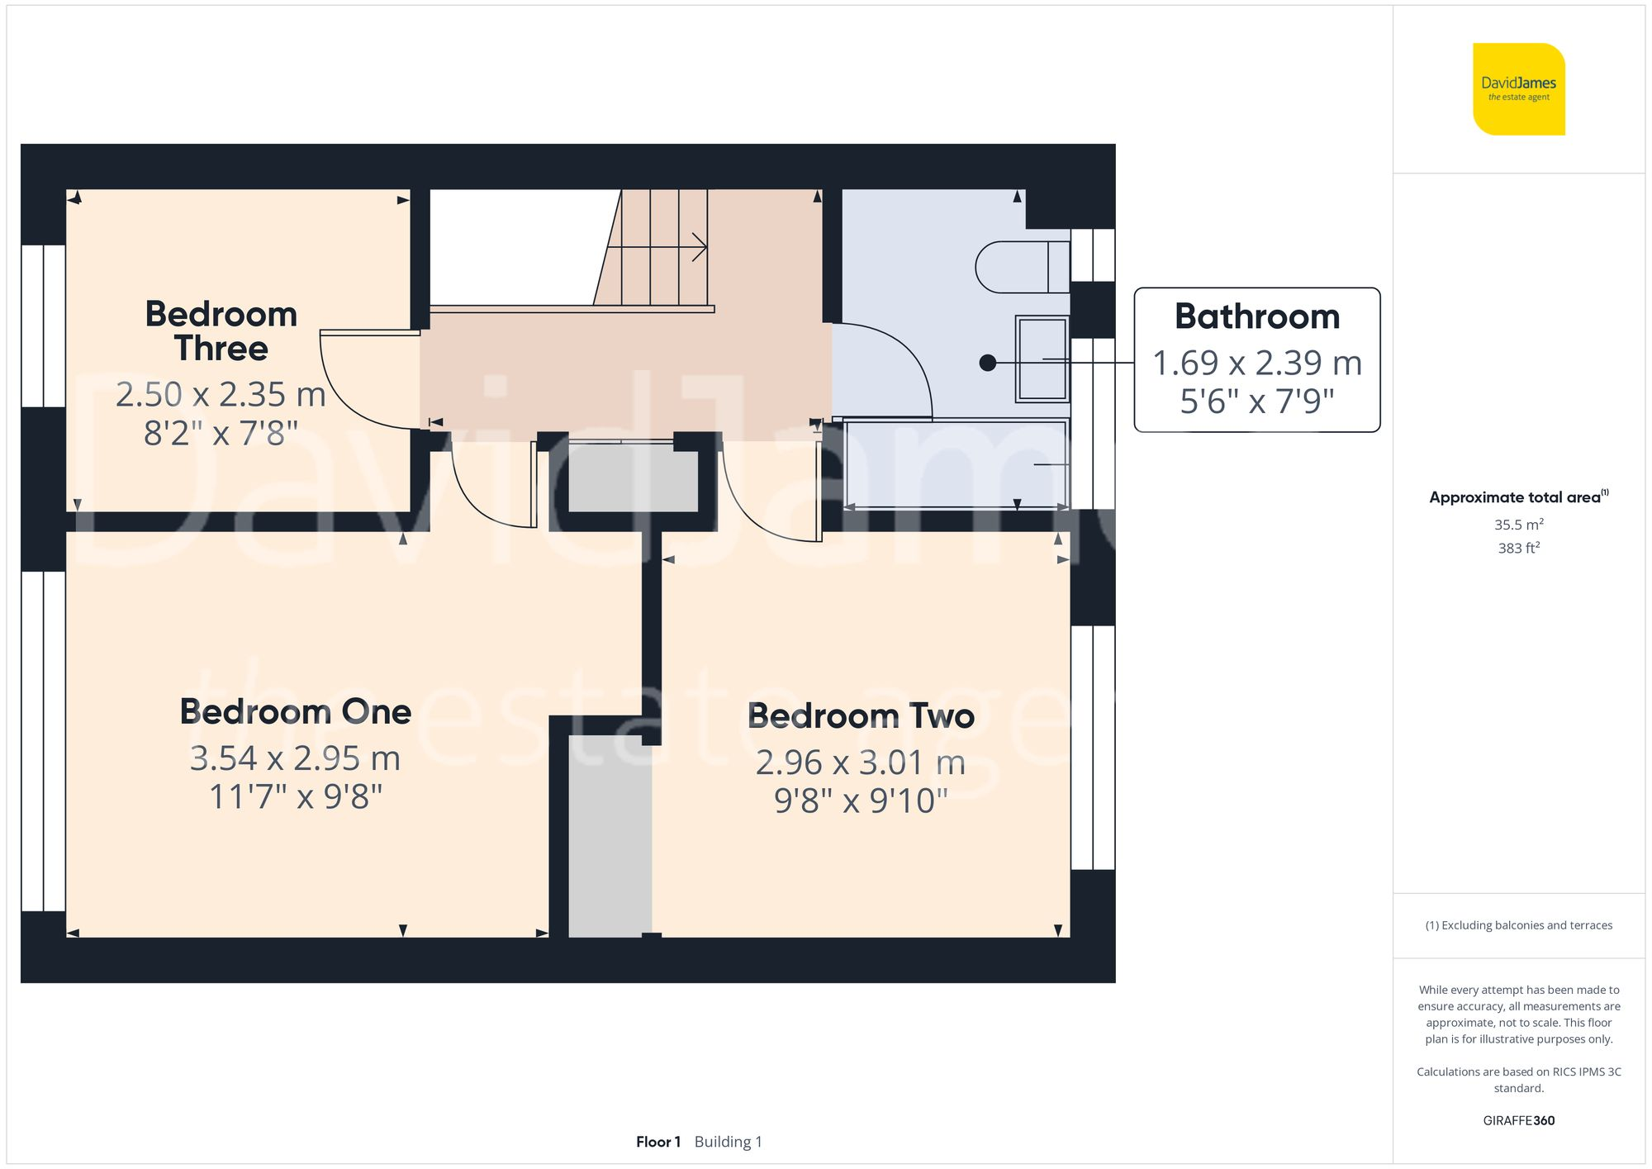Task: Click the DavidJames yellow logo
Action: tap(1518, 89)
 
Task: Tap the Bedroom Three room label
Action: tap(221, 330)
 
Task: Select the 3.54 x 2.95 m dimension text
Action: tap(295, 758)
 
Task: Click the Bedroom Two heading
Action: tap(861, 715)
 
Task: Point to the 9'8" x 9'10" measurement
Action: tap(861, 801)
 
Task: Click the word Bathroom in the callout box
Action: tap(1256, 317)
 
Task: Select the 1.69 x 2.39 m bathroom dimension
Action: tap(1256, 363)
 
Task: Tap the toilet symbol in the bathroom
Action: tap(1020, 267)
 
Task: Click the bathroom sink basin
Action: tap(1042, 359)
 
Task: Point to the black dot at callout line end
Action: tap(987, 363)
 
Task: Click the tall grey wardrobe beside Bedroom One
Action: tap(610, 834)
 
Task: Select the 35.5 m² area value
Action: tap(1518, 525)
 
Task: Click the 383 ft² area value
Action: tap(1518, 548)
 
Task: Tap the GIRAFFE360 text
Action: tap(1518, 1121)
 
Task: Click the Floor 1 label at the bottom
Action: tap(657, 1142)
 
